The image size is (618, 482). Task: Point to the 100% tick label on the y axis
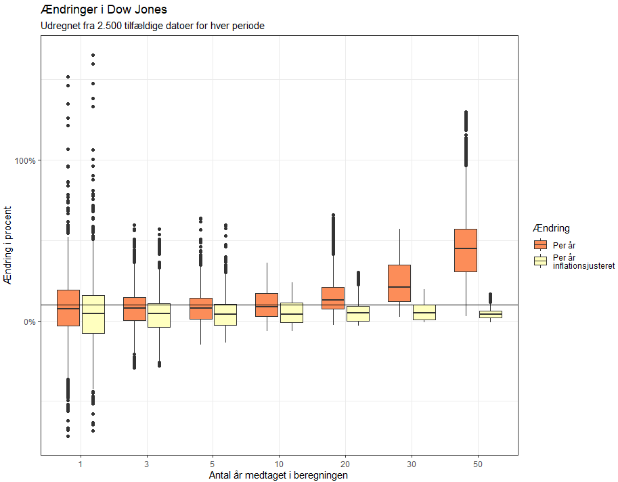pos(25,160)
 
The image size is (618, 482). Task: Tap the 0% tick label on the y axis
pos(28,322)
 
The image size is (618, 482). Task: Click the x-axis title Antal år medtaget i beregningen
pos(279,475)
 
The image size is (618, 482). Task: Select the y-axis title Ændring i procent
pos(9,244)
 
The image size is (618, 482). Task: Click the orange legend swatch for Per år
pos(540,245)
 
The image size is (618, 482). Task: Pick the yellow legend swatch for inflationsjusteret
pos(540,261)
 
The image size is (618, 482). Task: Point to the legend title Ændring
pos(551,228)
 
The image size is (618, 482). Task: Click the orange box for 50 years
pos(466,250)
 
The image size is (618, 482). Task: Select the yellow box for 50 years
pos(491,314)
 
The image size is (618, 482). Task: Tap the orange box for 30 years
pos(399,283)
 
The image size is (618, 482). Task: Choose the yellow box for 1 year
pos(93,314)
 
